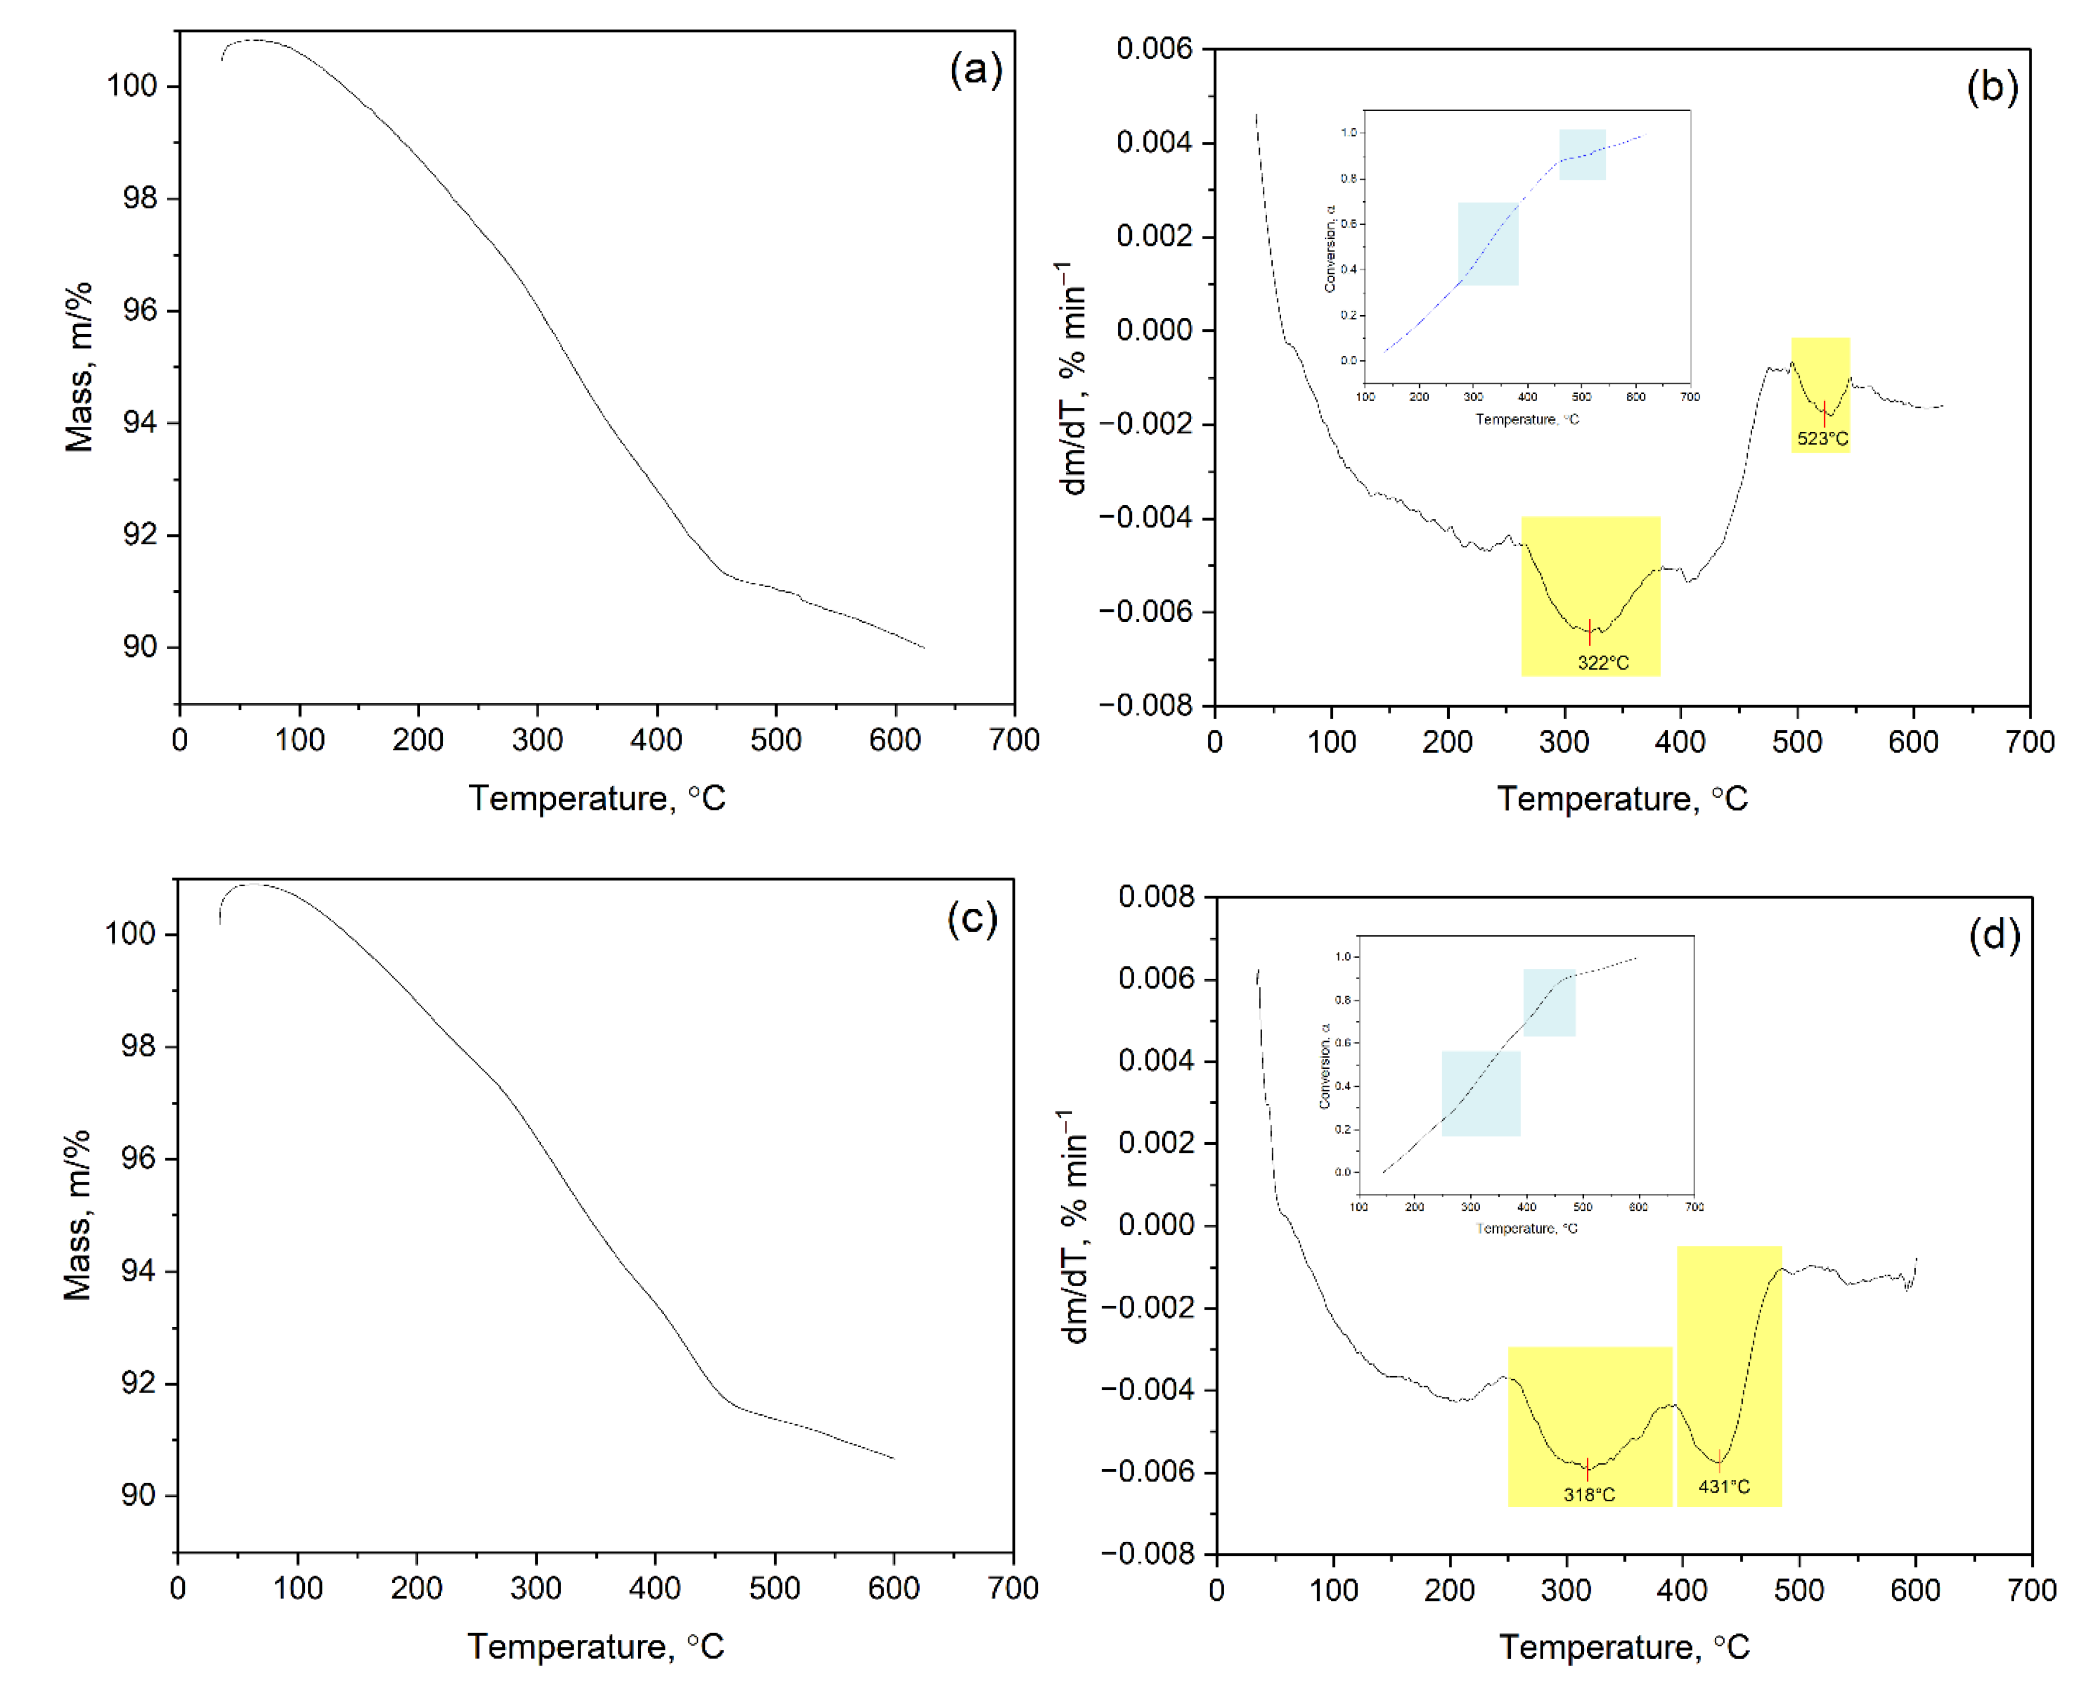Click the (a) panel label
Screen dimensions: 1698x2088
pyautogui.click(x=975, y=70)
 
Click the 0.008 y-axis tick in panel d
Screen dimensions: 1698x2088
pyautogui.click(x=1156, y=897)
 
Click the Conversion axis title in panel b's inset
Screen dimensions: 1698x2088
pyautogui.click(x=1329, y=249)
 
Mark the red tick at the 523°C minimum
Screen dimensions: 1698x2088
pyautogui.click(x=1823, y=413)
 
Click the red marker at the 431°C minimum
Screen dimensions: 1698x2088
pyautogui.click(x=1718, y=1461)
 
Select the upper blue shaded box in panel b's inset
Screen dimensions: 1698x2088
pyautogui.click(x=1581, y=155)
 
